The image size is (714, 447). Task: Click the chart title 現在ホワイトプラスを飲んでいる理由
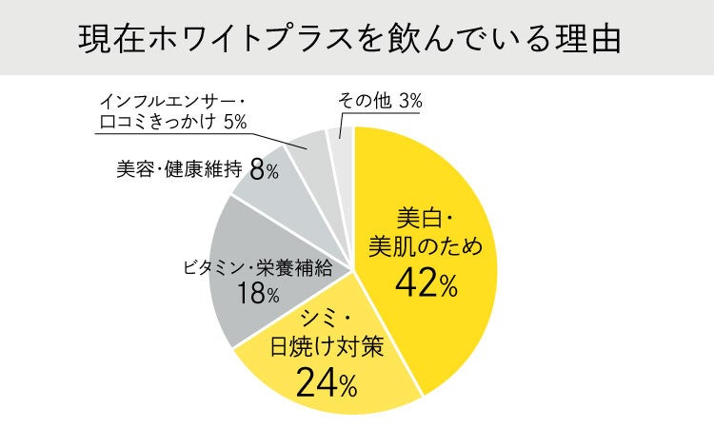pos(349,39)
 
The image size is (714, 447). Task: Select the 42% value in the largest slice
pos(426,282)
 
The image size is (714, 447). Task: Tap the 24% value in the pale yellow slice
pos(327,382)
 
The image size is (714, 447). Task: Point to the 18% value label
pos(258,292)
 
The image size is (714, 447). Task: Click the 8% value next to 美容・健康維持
pos(264,170)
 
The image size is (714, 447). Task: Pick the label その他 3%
pos(380,101)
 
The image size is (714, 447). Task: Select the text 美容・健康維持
pos(179,169)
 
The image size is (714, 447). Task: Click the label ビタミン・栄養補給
pos(258,268)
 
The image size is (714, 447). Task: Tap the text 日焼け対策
pos(327,347)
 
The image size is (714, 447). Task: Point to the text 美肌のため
pos(426,247)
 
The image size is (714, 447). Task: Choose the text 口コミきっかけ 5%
pos(173,122)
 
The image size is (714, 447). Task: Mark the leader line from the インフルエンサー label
pos(201,141)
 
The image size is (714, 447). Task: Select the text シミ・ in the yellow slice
pos(326,321)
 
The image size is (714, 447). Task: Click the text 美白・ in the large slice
pos(425,219)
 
